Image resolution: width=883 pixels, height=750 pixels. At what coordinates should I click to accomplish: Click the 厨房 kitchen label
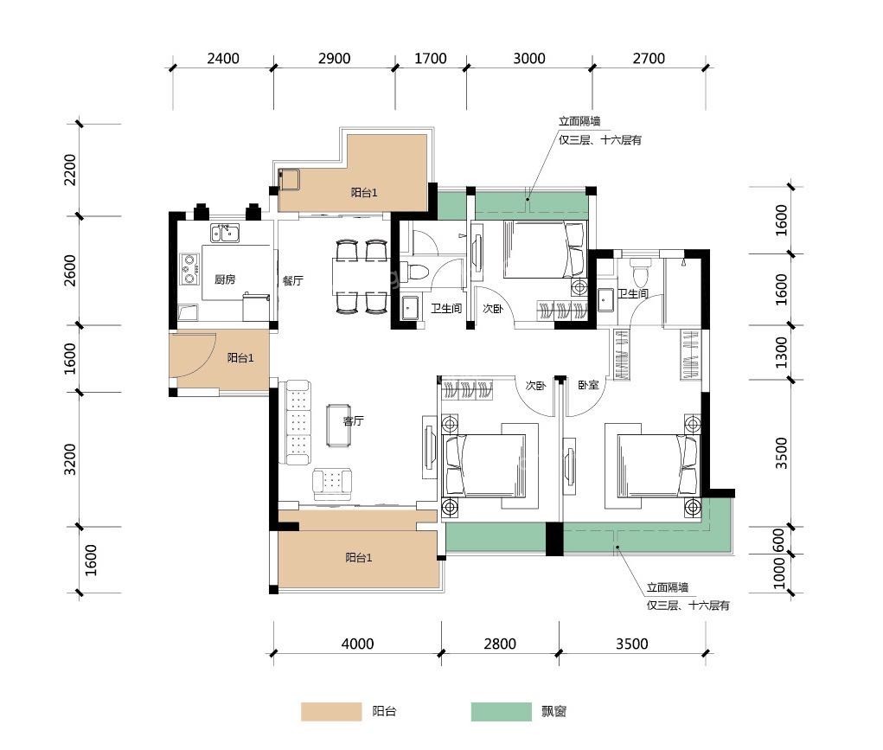tap(225, 279)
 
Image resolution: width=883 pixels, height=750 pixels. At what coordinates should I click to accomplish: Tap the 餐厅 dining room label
tap(293, 280)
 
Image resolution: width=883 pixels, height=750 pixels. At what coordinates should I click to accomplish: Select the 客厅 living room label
tap(354, 420)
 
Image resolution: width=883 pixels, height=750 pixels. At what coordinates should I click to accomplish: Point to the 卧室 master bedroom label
tap(588, 385)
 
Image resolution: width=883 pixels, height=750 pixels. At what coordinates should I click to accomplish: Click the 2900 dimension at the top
tap(335, 59)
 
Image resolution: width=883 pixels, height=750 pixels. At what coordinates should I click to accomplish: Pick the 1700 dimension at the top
tap(430, 59)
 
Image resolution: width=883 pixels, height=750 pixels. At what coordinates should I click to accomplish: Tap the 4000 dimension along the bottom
tap(357, 644)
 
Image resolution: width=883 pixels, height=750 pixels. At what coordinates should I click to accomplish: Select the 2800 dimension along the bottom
tap(500, 644)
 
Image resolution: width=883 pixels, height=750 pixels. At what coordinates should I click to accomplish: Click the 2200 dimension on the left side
tap(70, 169)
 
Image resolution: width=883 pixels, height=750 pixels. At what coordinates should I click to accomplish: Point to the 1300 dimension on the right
tap(781, 352)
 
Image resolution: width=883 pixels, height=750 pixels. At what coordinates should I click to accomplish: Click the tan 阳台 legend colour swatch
tap(331, 712)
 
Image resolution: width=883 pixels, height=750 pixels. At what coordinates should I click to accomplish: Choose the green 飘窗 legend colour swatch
tap(502, 712)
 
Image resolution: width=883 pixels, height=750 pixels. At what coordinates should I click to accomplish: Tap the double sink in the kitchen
tap(225, 232)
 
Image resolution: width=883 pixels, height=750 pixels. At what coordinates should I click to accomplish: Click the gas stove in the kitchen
tap(189, 269)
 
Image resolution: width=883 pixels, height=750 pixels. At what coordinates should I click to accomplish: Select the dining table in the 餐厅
tap(361, 276)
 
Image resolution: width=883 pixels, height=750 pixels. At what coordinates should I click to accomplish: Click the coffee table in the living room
tap(338, 426)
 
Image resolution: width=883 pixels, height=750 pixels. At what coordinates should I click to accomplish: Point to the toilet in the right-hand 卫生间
tap(639, 272)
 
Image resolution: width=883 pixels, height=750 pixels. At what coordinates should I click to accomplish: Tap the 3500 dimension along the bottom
tap(632, 644)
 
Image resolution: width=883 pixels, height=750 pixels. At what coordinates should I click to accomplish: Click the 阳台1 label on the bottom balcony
tap(359, 558)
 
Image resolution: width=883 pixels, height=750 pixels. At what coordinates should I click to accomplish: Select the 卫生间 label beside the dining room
tap(446, 308)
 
